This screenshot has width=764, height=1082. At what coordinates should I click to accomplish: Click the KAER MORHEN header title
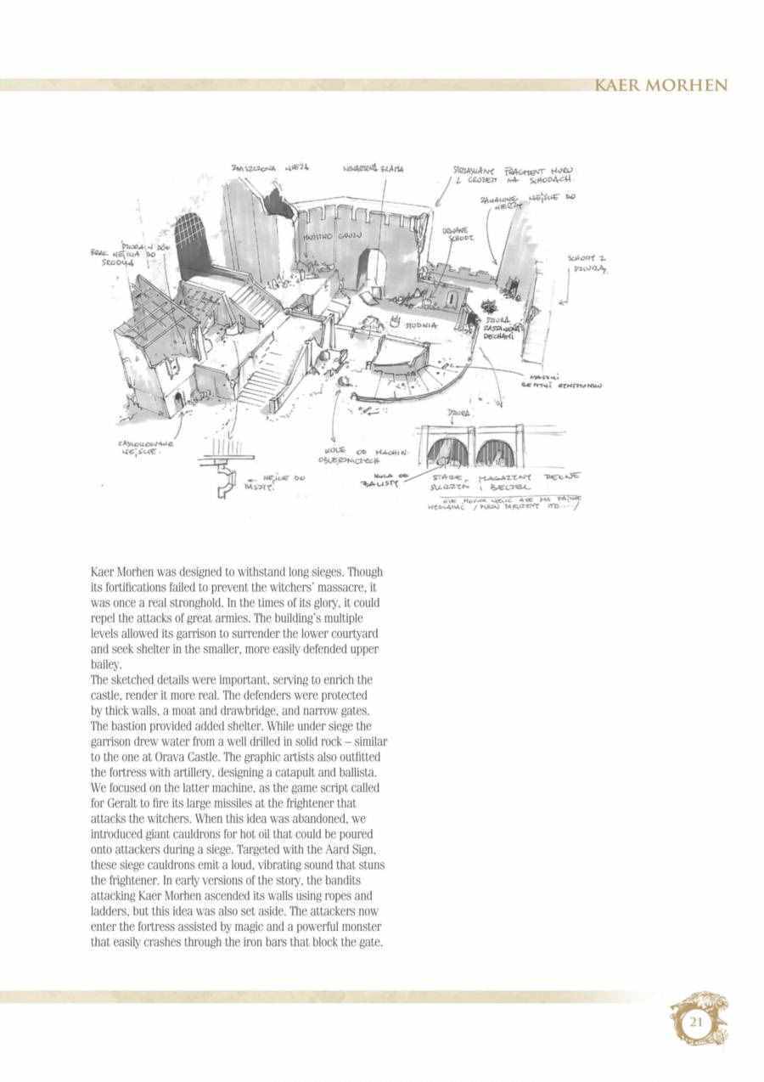coord(660,86)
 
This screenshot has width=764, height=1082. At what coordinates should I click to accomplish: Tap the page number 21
coord(695,1022)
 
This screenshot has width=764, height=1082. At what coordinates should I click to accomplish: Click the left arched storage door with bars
coord(447,454)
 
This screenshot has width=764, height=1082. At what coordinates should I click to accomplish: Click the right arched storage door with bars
coord(492,454)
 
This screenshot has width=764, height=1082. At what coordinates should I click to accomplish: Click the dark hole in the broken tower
coord(278,204)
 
